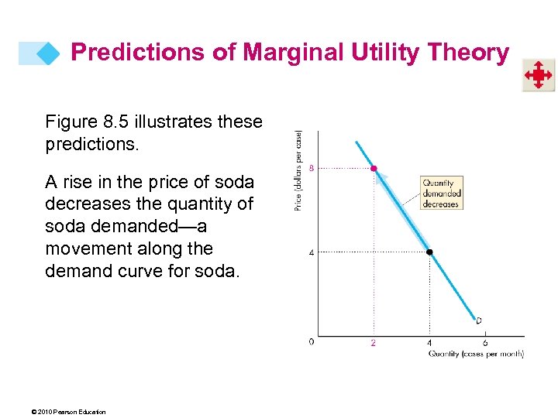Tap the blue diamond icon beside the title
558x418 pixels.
[x=47, y=53]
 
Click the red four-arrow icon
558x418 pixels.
[x=537, y=76]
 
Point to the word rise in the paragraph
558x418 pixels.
[x=82, y=183]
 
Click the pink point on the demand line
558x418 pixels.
[x=374, y=168]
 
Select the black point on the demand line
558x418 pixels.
[x=429, y=252]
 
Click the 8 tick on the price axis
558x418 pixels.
[x=312, y=168]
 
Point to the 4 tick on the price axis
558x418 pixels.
[x=312, y=252]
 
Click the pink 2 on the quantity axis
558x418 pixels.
[x=373, y=343]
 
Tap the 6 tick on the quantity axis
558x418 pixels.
[x=485, y=343]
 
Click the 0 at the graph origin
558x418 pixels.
[x=312, y=341]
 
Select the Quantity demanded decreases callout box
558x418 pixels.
[x=441, y=194]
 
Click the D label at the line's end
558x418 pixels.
[x=479, y=320]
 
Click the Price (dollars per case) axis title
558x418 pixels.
[x=298, y=170]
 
